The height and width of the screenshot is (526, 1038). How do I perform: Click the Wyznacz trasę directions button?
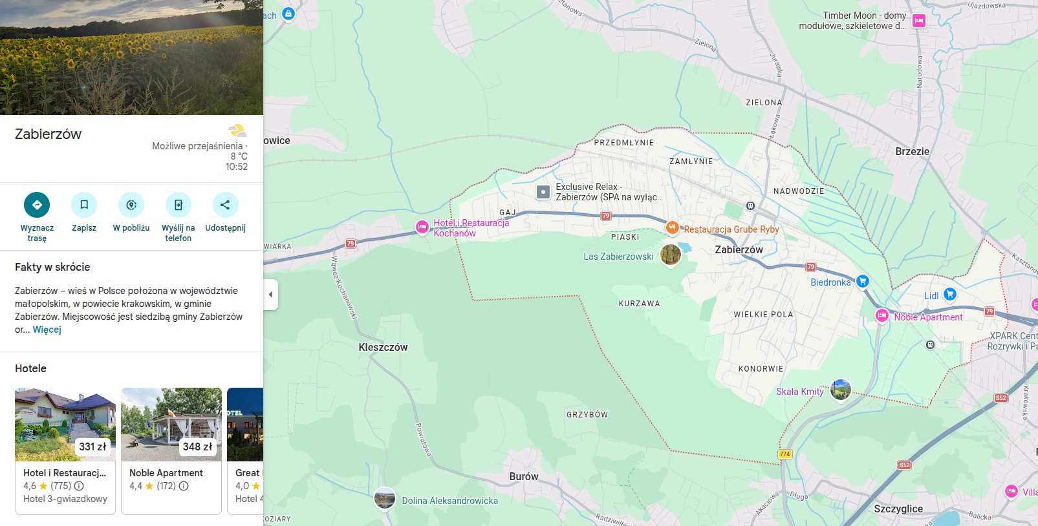coord(37,205)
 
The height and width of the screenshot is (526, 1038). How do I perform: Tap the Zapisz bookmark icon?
coord(84,205)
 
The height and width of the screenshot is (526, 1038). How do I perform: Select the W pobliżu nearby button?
coord(131,205)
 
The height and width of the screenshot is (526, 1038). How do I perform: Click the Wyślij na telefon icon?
coord(178,205)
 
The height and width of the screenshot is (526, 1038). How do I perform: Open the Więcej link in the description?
coord(47,330)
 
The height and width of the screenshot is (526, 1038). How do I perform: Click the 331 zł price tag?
coord(92,447)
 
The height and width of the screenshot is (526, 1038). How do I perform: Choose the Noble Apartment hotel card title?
coord(166,473)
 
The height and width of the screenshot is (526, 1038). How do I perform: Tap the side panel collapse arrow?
coord(270,295)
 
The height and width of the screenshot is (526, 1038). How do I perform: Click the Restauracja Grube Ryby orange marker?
coord(673,227)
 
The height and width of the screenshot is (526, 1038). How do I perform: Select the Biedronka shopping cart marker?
coord(862,281)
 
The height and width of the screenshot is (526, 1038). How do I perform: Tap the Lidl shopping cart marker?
coord(949,294)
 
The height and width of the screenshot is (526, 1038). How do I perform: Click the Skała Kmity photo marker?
coord(840,390)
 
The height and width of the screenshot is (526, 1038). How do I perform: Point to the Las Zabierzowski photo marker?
coord(671,255)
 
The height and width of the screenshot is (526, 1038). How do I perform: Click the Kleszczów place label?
coord(383,348)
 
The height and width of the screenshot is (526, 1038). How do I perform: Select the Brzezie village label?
coord(912,151)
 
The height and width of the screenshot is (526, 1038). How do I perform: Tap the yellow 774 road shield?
coord(784,454)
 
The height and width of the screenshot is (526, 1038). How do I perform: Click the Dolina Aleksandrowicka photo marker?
coord(385,499)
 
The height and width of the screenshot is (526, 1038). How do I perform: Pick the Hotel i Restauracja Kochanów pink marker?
coord(422,227)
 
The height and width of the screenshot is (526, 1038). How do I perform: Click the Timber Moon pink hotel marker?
coord(918,21)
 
